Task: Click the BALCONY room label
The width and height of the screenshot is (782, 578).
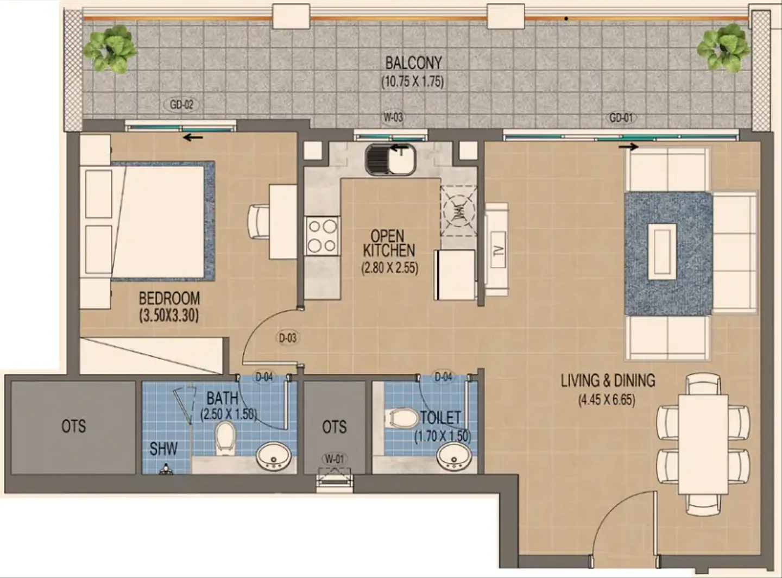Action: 413,63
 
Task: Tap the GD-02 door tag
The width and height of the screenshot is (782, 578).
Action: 181,104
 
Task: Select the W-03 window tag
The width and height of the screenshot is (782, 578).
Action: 393,117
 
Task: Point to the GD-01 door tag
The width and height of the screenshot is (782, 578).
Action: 621,117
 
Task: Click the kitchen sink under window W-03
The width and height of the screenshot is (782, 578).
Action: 390,159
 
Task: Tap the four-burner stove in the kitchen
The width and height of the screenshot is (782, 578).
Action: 321,235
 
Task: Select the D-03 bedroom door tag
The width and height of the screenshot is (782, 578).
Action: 288,338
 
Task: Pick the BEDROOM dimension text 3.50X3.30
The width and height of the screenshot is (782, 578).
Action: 169,315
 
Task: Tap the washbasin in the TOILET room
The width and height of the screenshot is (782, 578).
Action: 455,458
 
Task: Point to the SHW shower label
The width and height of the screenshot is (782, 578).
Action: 163,449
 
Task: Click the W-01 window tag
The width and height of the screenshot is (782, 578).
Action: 335,459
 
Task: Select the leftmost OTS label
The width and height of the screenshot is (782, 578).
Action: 73,426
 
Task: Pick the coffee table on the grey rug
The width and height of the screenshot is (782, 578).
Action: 662,254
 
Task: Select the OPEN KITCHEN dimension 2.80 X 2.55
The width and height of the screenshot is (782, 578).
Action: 389,268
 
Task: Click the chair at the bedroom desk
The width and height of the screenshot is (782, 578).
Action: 258,221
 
